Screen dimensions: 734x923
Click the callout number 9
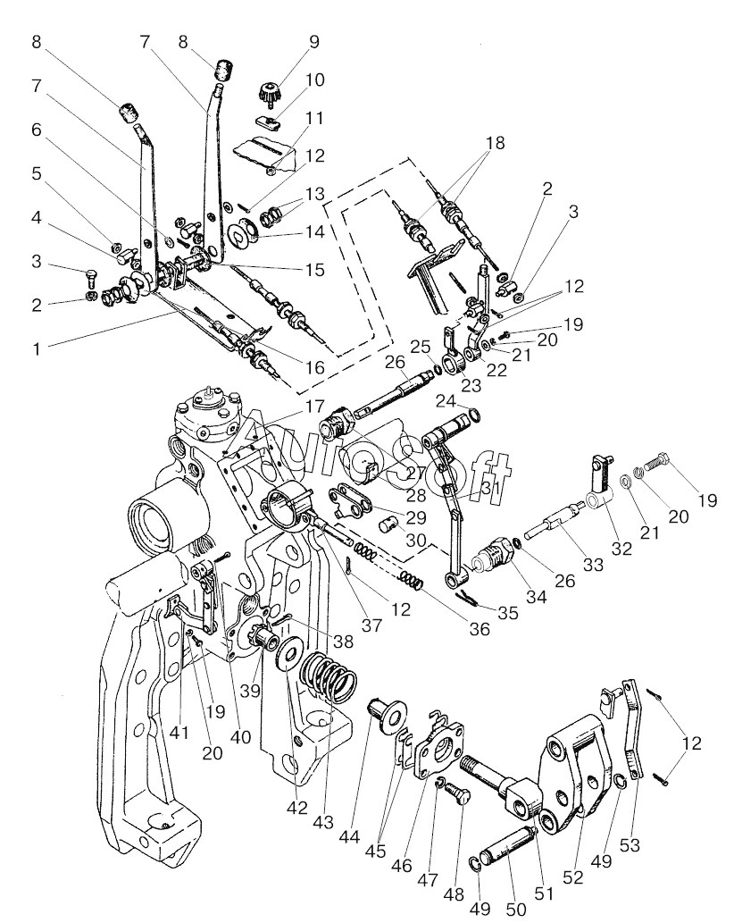(x=313, y=42)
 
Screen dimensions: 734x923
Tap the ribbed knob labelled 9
(x=269, y=93)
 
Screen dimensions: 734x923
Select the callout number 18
(x=496, y=143)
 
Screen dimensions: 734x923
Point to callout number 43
(x=323, y=821)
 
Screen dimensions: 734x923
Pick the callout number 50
(x=516, y=910)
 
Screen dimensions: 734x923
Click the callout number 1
(x=37, y=349)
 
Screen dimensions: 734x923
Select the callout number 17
(x=314, y=406)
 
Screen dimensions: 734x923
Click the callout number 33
(x=594, y=565)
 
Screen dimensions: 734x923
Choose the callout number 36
(x=480, y=629)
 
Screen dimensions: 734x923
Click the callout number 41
(x=179, y=733)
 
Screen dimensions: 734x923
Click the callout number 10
(x=315, y=80)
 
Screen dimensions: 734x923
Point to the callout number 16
(x=315, y=368)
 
